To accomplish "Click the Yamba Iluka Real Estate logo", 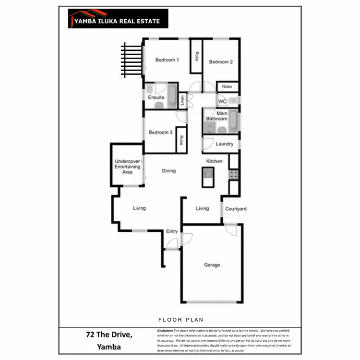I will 118,19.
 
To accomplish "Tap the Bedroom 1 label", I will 167,60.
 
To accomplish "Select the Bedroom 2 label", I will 221,62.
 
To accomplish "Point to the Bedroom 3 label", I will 160,132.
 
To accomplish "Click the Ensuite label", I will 156,97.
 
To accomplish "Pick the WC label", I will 222,102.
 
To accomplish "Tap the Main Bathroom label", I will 217,116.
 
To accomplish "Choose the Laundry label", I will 224,144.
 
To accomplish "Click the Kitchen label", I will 214,161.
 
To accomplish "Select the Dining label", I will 168,171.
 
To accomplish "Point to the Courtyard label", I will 236,209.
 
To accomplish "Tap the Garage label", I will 212,265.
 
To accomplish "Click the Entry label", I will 172,231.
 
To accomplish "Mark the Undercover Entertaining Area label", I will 127,167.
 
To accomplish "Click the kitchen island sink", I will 208,174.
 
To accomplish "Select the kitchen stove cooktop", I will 234,174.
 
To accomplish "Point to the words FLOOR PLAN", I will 180,319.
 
